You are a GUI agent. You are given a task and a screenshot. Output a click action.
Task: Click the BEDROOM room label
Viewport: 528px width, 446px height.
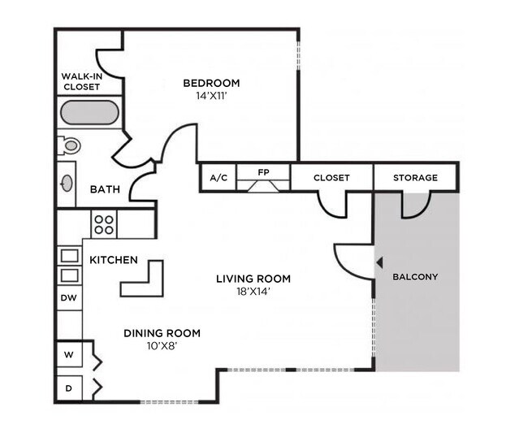click(211, 83)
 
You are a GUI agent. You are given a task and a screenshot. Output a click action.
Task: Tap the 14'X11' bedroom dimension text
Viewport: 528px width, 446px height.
click(211, 95)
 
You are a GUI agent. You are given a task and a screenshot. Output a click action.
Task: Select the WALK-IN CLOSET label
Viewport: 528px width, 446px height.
click(80, 82)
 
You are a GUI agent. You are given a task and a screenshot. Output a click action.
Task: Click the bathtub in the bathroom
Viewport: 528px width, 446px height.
click(89, 112)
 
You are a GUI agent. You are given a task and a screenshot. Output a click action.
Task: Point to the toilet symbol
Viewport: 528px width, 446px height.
click(70, 146)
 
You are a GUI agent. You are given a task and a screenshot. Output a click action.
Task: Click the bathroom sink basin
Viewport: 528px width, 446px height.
click(67, 184)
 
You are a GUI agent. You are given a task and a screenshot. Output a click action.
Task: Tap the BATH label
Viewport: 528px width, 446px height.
click(105, 189)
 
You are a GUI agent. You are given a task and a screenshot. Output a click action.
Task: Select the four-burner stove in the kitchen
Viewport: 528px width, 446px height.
click(103, 223)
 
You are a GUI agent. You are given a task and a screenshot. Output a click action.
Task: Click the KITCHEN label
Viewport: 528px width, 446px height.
click(113, 260)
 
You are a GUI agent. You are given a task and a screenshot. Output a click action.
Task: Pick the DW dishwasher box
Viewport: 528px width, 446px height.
click(69, 298)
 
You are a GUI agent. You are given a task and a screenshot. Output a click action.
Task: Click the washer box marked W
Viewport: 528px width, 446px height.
click(69, 356)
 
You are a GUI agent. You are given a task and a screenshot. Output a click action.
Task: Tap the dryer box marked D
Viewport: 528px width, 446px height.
click(69, 388)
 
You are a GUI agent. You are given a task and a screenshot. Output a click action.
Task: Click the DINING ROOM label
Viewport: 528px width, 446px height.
click(162, 333)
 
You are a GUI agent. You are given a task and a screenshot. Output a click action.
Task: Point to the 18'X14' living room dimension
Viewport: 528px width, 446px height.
click(253, 291)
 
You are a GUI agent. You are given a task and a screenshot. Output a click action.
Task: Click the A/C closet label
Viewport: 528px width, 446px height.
click(218, 177)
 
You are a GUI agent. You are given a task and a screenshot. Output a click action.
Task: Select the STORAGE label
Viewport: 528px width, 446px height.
click(415, 177)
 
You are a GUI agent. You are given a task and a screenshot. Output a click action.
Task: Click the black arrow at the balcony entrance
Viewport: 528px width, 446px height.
click(379, 262)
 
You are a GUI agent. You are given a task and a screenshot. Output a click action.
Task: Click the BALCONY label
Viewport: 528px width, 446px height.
click(415, 277)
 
